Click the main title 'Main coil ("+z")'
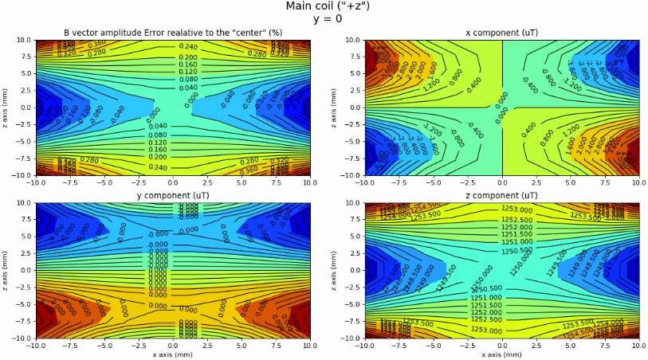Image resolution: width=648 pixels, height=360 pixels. (x=328, y=6)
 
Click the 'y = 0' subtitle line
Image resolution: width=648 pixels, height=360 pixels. (x=328, y=18)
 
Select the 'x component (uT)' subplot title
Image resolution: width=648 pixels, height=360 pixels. (x=502, y=33)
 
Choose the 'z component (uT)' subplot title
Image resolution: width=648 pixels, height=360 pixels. (x=502, y=196)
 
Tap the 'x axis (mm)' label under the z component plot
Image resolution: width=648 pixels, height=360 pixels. (x=502, y=354)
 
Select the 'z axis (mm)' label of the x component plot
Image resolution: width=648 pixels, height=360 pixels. (x=332, y=108)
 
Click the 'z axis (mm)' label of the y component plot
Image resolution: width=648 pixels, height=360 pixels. (x=5, y=270)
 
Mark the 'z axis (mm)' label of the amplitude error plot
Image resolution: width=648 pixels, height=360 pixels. (x=5, y=108)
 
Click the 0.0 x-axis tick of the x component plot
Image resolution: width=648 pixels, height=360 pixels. (x=502, y=182)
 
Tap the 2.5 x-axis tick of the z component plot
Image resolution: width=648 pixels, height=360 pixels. (x=536, y=345)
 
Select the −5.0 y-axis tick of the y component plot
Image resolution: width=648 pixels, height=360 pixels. (x=22, y=303)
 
